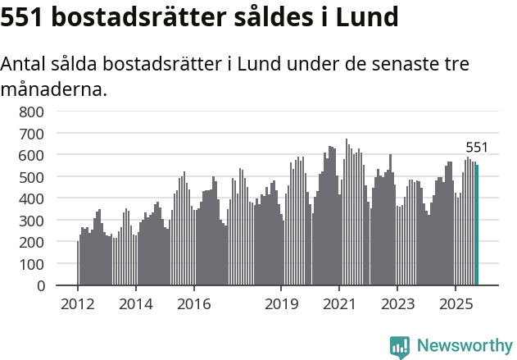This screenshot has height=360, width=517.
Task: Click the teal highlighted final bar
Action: pyautogui.click(x=478, y=226)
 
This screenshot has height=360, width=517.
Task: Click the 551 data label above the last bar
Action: pyautogui.click(x=477, y=148)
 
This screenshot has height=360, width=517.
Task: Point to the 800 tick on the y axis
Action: pyautogui.click(x=32, y=111)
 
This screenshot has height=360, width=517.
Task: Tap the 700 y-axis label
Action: pyautogui.click(x=32, y=133)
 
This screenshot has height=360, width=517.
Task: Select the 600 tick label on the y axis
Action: pyautogui.click(x=32, y=155)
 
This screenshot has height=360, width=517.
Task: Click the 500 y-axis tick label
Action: pyautogui.click(x=32, y=176)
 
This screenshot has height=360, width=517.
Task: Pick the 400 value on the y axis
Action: pyautogui.click(x=32, y=198)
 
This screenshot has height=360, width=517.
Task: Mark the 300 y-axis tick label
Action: pyautogui.click(x=32, y=221)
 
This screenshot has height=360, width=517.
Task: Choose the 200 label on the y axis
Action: pyautogui.click(x=32, y=242)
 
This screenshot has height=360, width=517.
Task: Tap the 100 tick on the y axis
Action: pyautogui.click(x=32, y=264)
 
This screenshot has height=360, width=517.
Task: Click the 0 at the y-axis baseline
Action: pyautogui.click(x=40, y=286)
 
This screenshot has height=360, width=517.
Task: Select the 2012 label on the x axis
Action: pyautogui.click(x=78, y=304)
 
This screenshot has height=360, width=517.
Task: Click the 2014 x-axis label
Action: pyautogui.click(x=136, y=304)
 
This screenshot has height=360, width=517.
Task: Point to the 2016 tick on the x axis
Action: pyautogui.click(x=193, y=304)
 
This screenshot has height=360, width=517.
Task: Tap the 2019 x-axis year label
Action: pyautogui.click(x=281, y=304)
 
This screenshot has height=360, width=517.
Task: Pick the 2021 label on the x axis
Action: pyautogui.click(x=338, y=304)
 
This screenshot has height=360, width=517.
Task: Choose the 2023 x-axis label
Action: pyautogui.click(x=397, y=304)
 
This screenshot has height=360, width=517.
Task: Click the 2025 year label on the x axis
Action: pyautogui.click(x=455, y=304)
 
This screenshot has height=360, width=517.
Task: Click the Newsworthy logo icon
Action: pyautogui.click(x=400, y=347)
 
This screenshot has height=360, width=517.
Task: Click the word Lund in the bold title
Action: pyautogui.click(x=368, y=17)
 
